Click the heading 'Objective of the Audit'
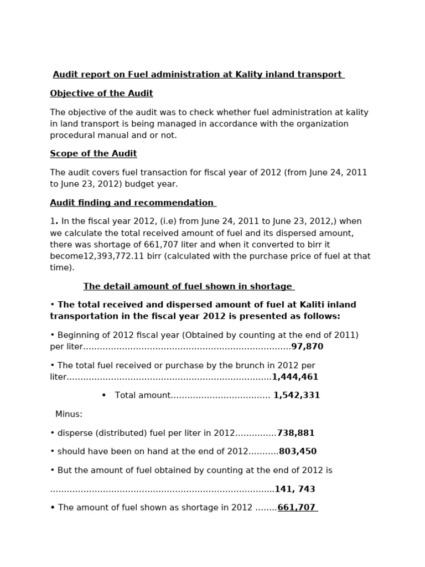point(101,94)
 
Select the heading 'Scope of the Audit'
point(93,153)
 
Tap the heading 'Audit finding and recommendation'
point(132,203)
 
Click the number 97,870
point(307,347)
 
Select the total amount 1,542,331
point(297,395)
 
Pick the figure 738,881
point(296,433)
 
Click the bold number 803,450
point(298,451)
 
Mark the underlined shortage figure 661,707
point(297,508)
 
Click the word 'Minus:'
point(69,414)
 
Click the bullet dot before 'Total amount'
point(103,395)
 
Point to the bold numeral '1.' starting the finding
point(54,221)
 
